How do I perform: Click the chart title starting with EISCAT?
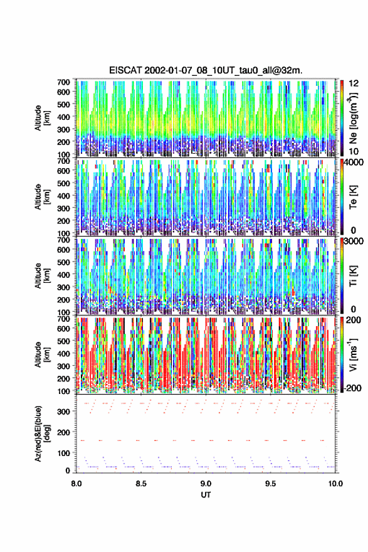click(x=206, y=70)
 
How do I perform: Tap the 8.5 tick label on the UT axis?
click(x=140, y=484)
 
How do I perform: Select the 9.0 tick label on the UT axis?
click(x=206, y=484)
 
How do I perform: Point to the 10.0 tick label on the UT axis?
click(x=335, y=484)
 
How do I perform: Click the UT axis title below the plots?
click(x=206, y=495)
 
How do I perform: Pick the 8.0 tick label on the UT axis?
click(x=76, y=484)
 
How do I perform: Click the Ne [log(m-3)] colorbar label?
click(x=353, y=118)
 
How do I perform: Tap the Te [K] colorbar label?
click(x=353, y=197)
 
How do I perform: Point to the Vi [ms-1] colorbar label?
click(x=353, y=354)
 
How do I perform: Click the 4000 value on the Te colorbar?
click(x=353, y=162)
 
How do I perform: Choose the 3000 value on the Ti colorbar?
click(x=353, y=241)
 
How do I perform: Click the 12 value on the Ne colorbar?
click(x=354, y=83)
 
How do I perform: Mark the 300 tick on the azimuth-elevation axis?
click(x=63, y=411)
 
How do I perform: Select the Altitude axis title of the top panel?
click(x=41, y=118)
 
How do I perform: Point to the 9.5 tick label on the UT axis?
click(x=270, y=484)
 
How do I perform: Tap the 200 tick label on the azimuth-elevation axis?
click(x=63, y=432)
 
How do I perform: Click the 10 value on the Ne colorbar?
click(x=354, y=151)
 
